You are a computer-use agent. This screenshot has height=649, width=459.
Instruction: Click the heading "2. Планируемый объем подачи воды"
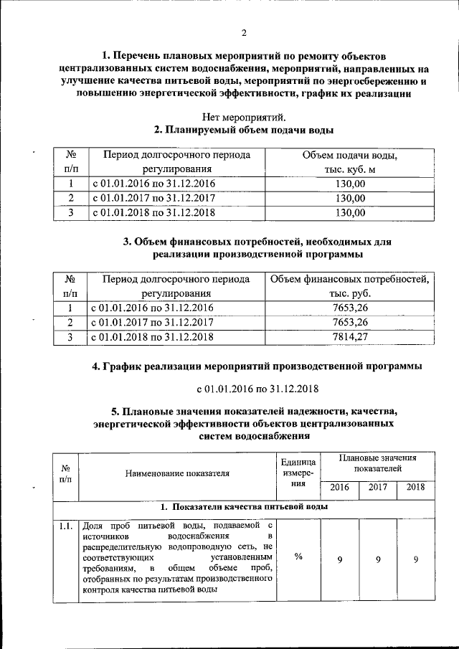tap(244, 130)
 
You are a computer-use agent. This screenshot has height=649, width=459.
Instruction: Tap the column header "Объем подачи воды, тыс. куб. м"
tap(349, 162)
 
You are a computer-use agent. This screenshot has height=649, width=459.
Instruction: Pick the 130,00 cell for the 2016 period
tap(350, 184)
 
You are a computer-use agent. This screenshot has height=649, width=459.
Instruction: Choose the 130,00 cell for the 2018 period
tap(350, 212)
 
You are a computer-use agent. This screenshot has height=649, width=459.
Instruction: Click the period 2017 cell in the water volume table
tap(152, 198)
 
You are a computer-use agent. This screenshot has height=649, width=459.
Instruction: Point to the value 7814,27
tap(350, 336)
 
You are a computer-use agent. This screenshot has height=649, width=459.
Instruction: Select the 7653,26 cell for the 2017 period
tap(350, 322)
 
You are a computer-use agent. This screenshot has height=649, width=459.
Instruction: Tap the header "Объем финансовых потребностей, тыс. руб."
tap(349, 285)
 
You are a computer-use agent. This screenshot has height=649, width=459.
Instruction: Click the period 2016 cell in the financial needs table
tap(152, 308)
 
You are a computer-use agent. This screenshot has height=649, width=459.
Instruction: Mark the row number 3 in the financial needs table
tap(71, 336)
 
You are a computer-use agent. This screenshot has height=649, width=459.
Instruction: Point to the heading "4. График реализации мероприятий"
tap(257, 366)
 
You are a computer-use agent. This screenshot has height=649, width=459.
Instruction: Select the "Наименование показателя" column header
tap(177, 473)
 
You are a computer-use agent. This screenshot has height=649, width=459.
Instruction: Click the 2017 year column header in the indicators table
tap(378, 488)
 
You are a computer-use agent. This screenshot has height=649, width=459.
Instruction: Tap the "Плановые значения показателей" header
tap(377, 463)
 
